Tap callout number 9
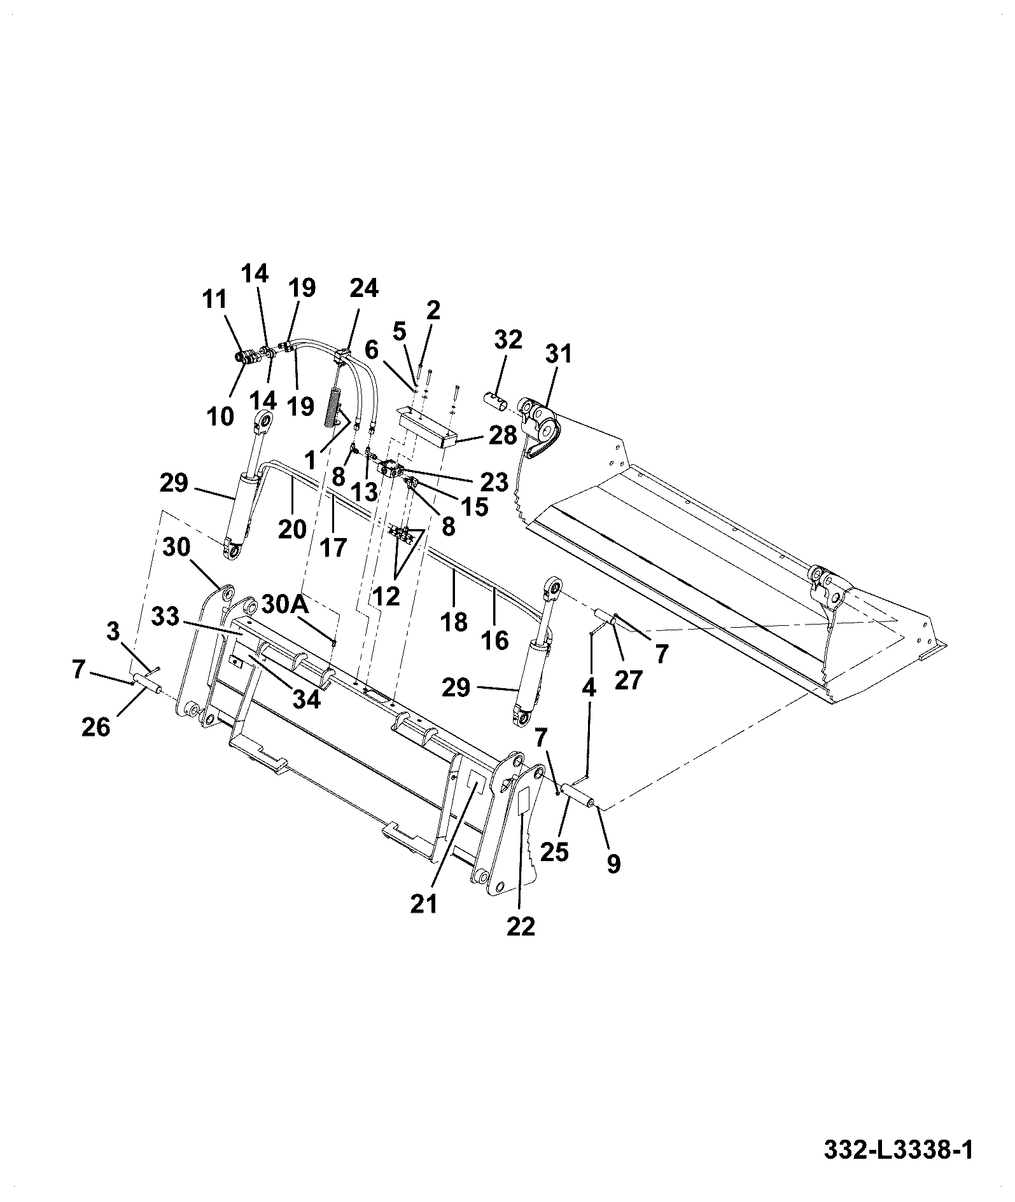coord(613,864)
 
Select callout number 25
coord(554,852)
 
